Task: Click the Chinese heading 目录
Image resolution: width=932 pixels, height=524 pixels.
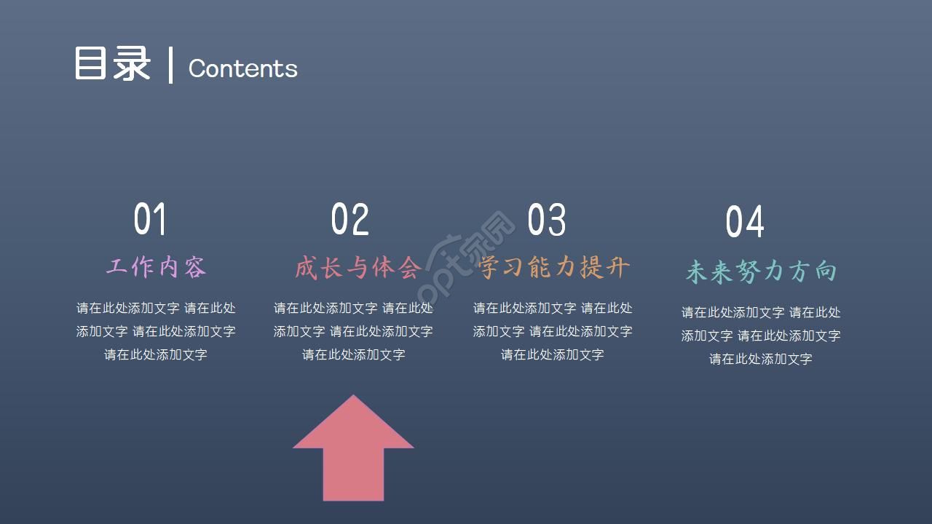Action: [x=112, y=64]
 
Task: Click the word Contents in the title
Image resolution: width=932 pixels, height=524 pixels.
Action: [x=242, y=68]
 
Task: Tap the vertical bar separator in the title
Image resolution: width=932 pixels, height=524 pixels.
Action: [x=170, y=65]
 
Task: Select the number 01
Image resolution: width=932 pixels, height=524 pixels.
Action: [x=150, y=219]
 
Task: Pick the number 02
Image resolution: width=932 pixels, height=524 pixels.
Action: [x=349, y=219]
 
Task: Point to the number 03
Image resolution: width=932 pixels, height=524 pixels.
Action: [x=546, y=219]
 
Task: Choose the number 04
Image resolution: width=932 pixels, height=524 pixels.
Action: [x=745, y=222]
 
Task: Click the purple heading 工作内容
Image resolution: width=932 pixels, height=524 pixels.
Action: [x=156, y=267]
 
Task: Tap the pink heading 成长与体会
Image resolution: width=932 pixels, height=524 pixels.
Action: [x=358, y=267]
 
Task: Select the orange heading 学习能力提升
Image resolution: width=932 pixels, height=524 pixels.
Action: [x=555, y=267]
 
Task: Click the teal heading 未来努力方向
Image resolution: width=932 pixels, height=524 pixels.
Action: [x=761, y=271]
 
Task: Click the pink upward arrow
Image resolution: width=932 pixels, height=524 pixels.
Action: [x=353, y=451]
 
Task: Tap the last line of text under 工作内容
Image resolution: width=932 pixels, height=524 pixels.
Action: [x=156, y=354]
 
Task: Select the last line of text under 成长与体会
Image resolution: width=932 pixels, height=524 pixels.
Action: [x=354, y=354]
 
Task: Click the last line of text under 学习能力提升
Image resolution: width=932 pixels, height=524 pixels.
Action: [x=553, y=354]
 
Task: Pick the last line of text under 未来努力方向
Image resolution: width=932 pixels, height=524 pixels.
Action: [x=761, y=359]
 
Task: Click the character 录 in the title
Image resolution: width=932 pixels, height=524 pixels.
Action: [x=132, y=64]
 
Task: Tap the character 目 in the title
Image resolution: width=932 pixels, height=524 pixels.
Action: [x=92, y=64]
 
